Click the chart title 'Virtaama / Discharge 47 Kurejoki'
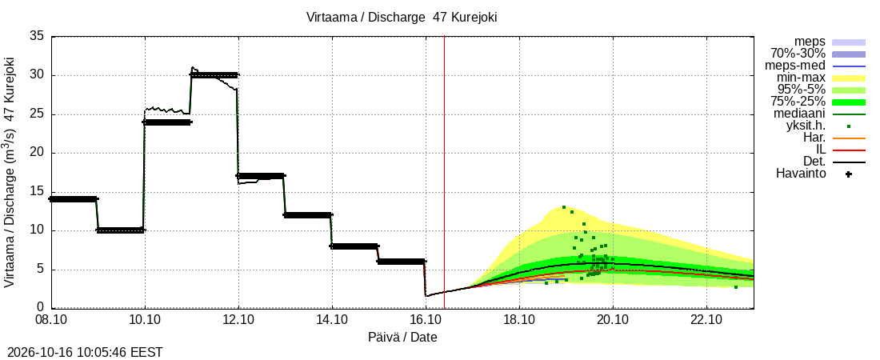402,18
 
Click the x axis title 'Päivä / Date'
402,338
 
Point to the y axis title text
9,173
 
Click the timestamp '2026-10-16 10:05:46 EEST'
82,353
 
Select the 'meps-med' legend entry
794,66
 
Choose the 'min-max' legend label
802,78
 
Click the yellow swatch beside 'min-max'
849,78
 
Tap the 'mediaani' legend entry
799,114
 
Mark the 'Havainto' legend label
801,174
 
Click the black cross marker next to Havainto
849,174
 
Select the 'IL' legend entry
821,150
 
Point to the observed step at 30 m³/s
215,74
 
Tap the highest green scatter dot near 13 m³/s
564,207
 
